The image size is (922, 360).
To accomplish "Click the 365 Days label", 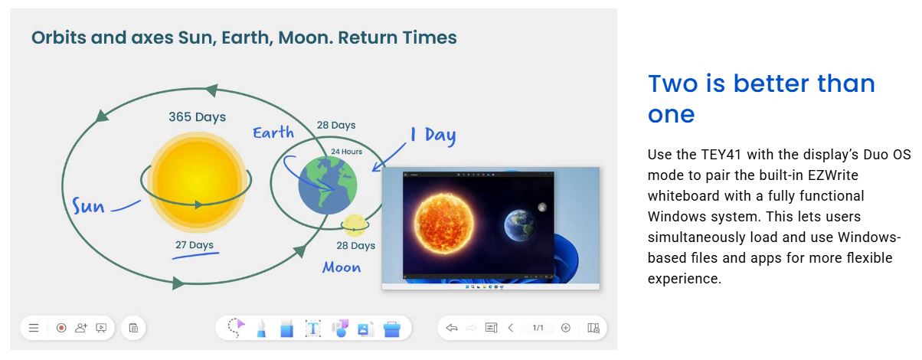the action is click(x=197, y=117).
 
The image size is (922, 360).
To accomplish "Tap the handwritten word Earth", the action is click(x=273, y=133).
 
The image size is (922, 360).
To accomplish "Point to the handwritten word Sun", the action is click(x=88, y=205).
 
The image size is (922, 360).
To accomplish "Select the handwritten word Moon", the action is click(x=342, y=267).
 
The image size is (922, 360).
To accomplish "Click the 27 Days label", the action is click(x=195, y=244).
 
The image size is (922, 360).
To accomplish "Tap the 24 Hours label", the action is click(x=347, y=152).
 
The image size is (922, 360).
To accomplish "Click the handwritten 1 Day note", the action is click(x=433, y=135).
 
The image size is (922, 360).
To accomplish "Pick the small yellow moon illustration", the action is click(x=354, y=225).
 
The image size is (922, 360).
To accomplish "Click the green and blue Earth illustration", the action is click(x=328, y=185).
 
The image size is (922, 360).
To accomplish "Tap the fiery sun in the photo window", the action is click(x=443, y=223).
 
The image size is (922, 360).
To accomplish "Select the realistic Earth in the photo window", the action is click(x=519, y=225).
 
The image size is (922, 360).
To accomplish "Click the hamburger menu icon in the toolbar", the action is click(x=34, y=328).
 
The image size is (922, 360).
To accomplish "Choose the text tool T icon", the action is click(x=312, y=329).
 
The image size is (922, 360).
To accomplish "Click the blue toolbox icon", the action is click(x=392, y=329).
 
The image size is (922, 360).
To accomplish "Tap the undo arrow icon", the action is click(x=452, y=328).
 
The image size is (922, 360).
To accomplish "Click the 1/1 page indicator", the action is click(x=538, y=328).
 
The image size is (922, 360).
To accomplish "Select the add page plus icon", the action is click(x=566, y=328).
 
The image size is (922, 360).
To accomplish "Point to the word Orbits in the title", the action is click(x=58, y=38).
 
